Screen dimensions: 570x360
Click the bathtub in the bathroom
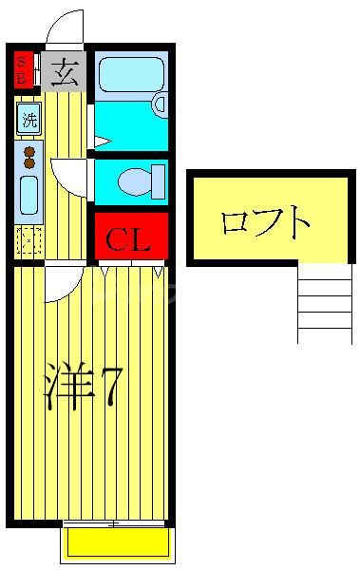tap(131, 73)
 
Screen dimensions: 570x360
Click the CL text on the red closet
tap(130, 239)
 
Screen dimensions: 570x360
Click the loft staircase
tap(324, 302)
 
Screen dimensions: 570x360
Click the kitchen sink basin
tap(28, 195)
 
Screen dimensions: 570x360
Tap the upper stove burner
tap(28, 151)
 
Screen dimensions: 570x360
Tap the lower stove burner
tap(28, 163)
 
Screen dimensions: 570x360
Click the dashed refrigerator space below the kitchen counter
tap(28, 241)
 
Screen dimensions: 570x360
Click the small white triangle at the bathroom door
tap(101, 142)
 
